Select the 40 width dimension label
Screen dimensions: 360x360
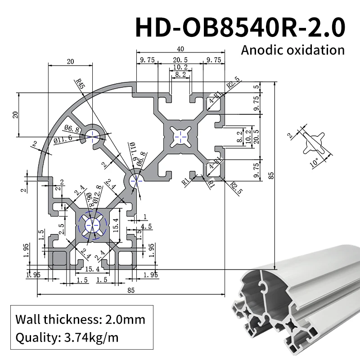click(180, 49)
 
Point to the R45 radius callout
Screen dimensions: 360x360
click(80, 84)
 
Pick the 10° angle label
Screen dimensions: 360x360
click(315, 162)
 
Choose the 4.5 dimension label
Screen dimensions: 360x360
click(146, 226)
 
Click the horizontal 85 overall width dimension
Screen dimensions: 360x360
click(131, 290)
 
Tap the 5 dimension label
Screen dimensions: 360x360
click(256, 87)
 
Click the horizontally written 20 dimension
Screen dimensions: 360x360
click(70, 61)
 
